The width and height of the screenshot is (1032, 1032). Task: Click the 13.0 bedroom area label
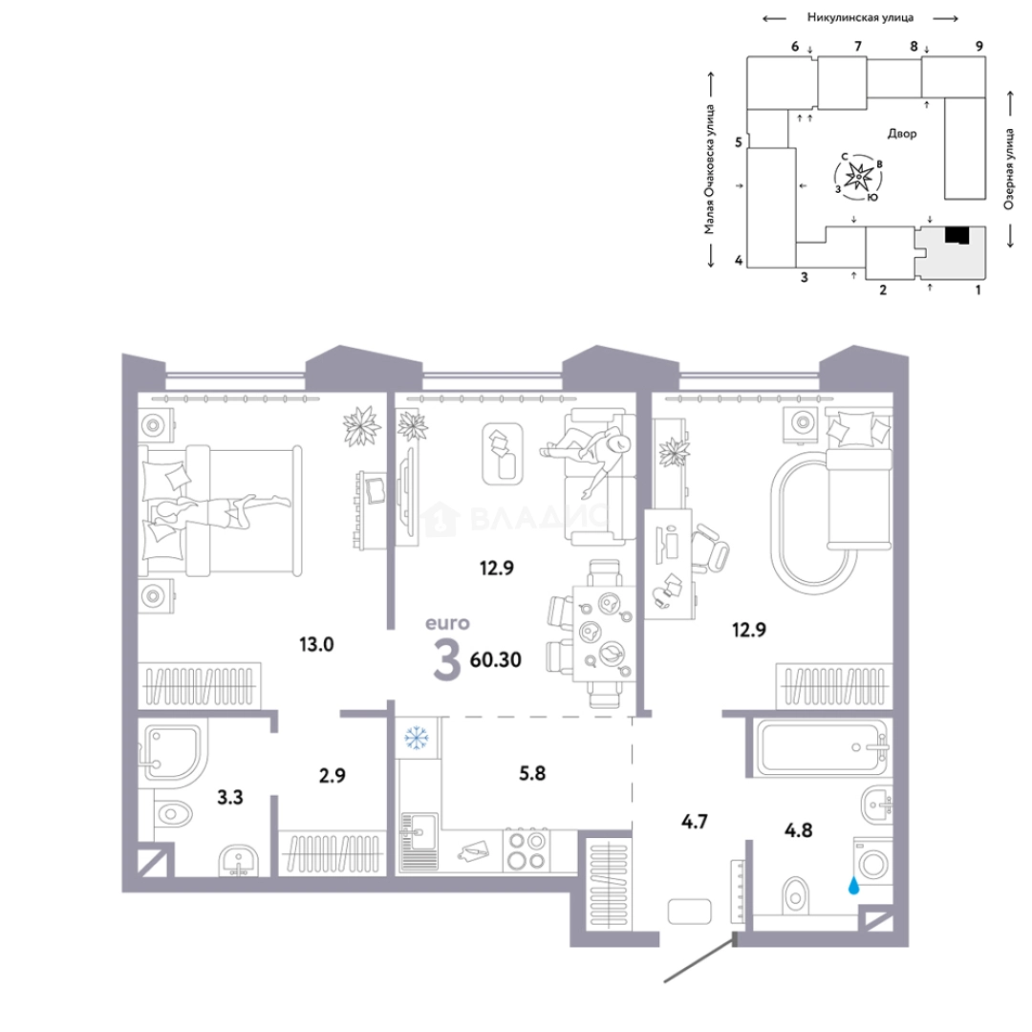(x=316, y=644)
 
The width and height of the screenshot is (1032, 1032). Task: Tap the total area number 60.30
(x=496, y=659)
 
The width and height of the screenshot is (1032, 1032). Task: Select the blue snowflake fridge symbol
(x=416, y=738)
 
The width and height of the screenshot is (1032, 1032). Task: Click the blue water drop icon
(x=853, y=886)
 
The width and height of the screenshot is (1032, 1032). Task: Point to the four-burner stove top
(x=527, y=850)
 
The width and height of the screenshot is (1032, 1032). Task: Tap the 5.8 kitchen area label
(x=532, y=773)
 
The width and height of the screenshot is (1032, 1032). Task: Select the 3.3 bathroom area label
(x=230, y=798)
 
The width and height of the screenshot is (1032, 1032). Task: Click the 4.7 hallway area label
(x=695, y=822)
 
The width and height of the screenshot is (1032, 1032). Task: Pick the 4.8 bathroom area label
(x=798, y=830)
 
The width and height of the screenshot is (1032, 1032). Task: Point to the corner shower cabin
(x=172, y=754)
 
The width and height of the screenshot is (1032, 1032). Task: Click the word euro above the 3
(x=447, y=623)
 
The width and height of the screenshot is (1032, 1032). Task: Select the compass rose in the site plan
(x=859, y=177)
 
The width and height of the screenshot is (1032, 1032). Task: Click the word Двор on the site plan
(x=902, y=134)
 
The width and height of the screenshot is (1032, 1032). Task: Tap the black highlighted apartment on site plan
(x=957, y=236)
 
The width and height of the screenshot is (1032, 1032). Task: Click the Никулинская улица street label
(x=860, y=18)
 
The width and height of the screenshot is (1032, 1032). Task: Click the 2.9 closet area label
(x=333, y=776)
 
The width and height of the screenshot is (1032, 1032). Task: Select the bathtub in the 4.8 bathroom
(x=822, y=747)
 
